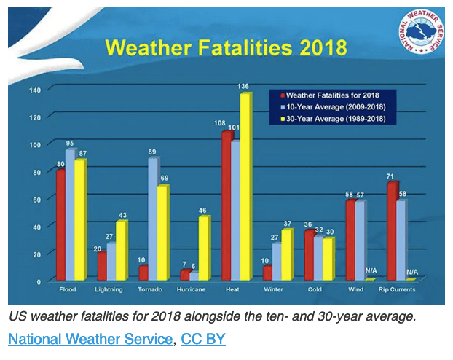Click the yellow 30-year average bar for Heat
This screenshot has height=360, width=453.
click(245, 187)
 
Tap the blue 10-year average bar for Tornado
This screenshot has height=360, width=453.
click(153, 219)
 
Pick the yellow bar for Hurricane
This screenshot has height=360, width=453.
click(204, 249)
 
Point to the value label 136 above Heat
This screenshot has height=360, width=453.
click(244, 86)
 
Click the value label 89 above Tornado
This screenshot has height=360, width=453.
click(151, 152)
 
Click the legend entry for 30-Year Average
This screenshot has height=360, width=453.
click(336, 119)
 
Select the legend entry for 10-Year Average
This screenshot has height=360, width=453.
click(336, 107)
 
